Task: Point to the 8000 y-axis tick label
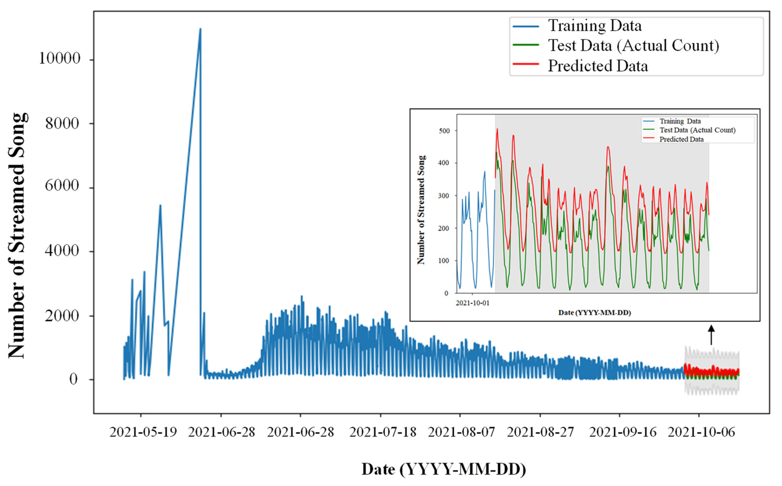(x=62, y=123)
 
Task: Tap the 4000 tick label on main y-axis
(x=62, y=251)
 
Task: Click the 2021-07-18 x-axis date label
(x=383, y=432)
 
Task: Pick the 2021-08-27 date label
(x=541, y=432)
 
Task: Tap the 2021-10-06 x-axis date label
(x=701, y=432)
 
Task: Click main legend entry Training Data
(x=594, y=26)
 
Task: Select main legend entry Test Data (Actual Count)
(x=633, y=46)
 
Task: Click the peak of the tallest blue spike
(x=200, y=29)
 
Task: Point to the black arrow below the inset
(x=711, y=334)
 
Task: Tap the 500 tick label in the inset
(x=444, y=131)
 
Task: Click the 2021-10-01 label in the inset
(x=472, y=303)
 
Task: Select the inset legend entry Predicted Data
(x=681, y=140)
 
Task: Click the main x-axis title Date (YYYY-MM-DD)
(x=444, y=469)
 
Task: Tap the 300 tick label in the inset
(x=444, y=196)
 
